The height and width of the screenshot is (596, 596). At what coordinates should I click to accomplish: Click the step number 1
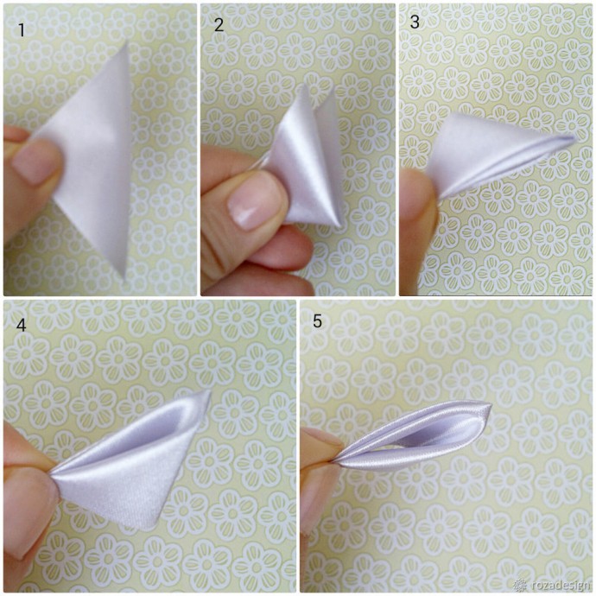[22, 30]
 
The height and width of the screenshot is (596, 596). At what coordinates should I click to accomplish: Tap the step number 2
[219, 25]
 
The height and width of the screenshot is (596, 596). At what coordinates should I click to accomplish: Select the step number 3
[415, 22]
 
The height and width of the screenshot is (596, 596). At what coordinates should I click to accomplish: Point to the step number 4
[22, 326]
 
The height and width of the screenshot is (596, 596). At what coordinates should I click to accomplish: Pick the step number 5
[317, 321]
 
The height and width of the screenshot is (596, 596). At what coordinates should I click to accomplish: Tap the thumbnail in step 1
[36, 161]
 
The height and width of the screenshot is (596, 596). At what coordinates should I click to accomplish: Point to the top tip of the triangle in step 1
[127, 41]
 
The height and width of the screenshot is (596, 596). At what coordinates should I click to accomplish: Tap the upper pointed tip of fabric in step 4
[209, 392]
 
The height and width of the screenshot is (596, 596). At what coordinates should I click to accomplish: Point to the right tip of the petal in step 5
[491, 406]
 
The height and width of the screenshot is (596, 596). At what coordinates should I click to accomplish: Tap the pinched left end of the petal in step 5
[334, 460]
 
